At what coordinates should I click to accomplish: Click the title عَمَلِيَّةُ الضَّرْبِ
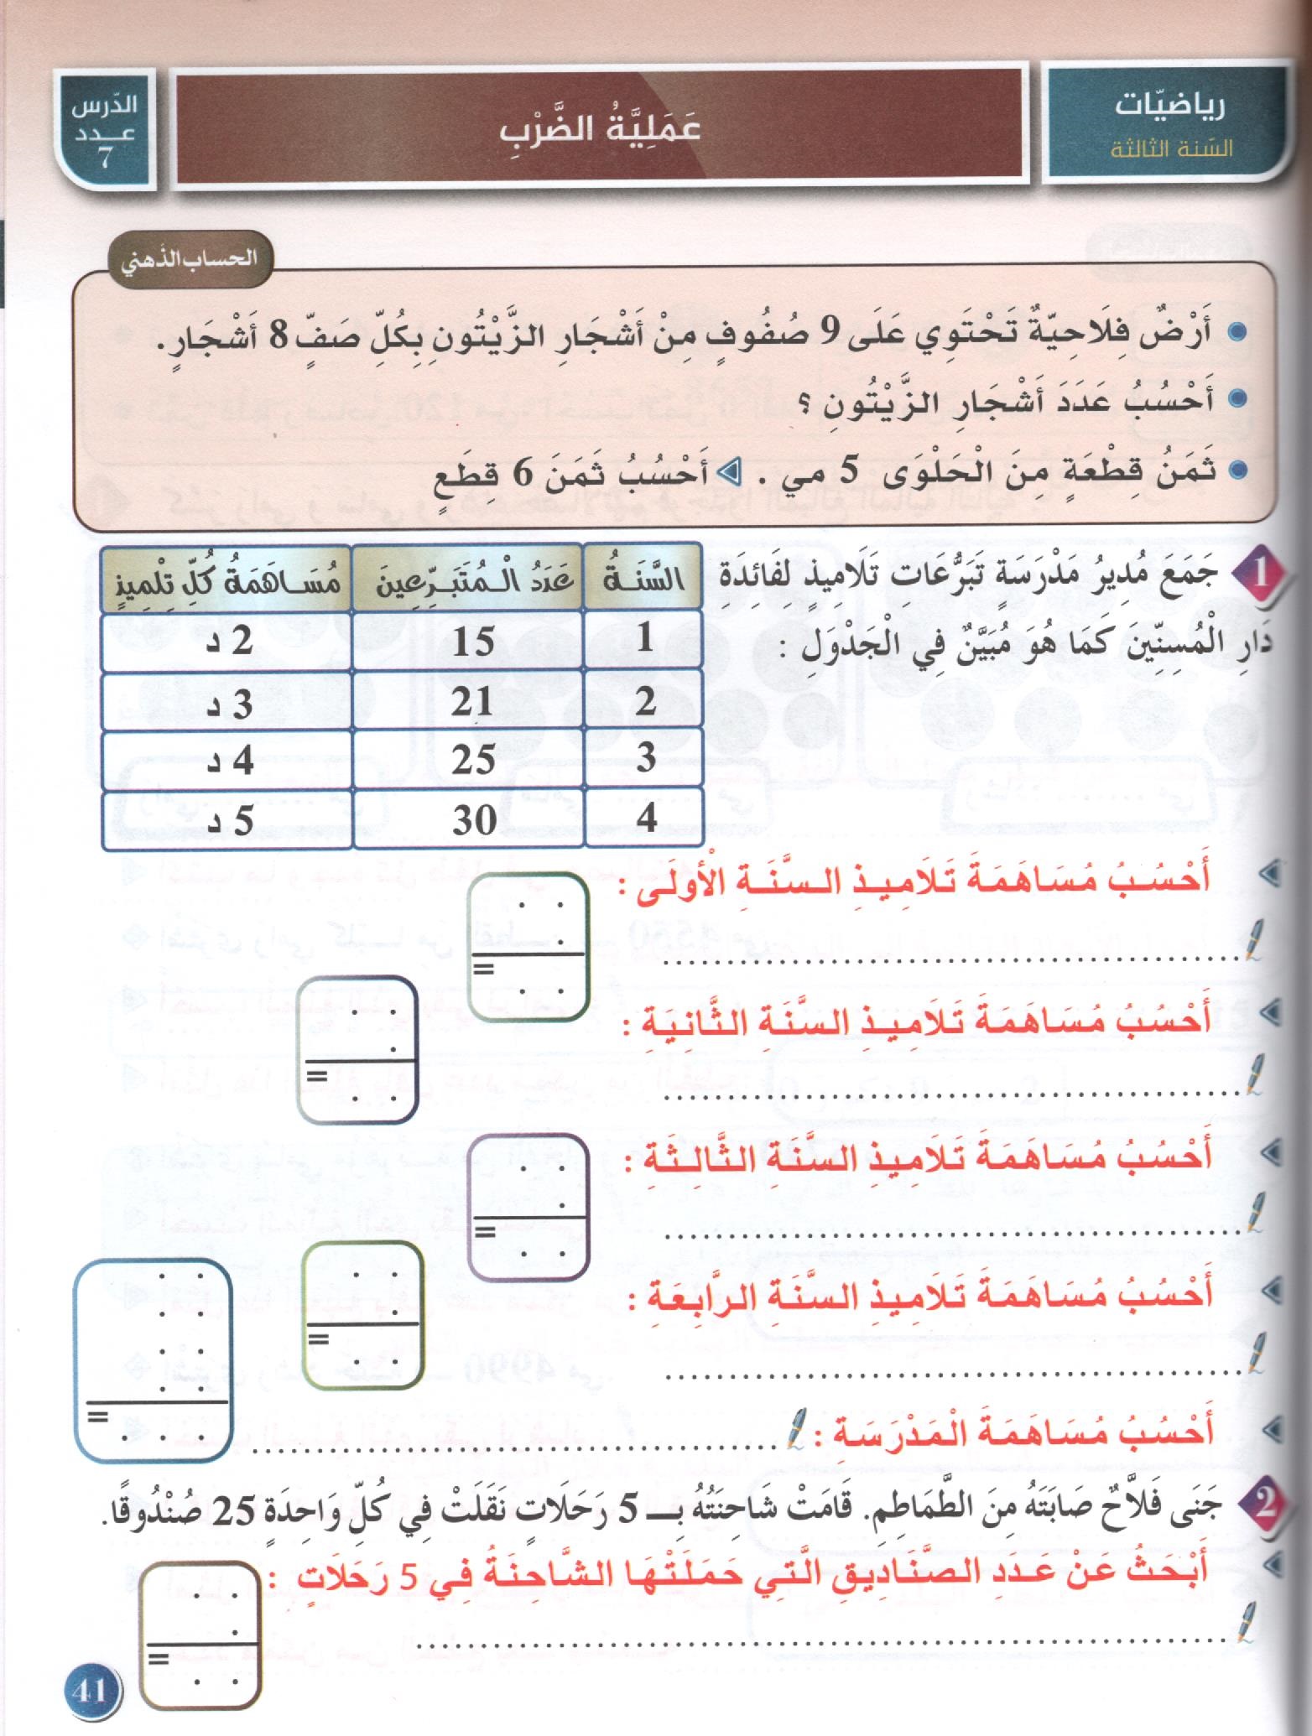click(x=600, y=128)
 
